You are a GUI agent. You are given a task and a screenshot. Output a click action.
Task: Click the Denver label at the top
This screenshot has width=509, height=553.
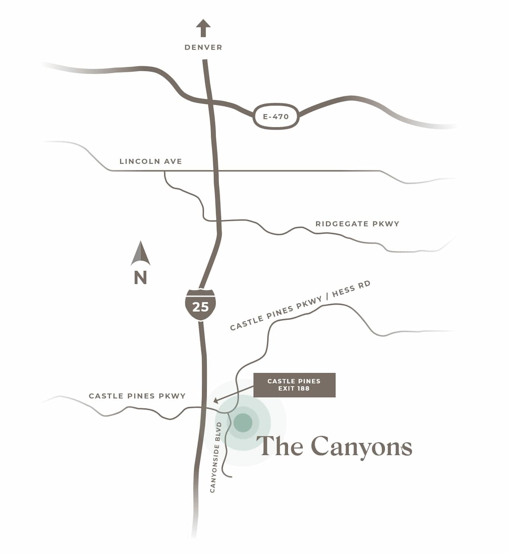pos(203,47)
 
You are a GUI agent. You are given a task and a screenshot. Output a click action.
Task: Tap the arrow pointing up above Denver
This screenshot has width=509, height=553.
pos(203,28)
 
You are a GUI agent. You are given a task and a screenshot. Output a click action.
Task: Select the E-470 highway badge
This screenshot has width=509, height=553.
pos(276,117)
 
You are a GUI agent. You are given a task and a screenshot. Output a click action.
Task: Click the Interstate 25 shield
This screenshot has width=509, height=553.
pos(200,305)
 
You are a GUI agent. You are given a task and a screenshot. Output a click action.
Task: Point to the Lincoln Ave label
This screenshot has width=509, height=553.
pos(151,161)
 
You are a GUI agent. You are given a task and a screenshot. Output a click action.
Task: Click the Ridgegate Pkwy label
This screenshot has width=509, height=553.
pos(357,224)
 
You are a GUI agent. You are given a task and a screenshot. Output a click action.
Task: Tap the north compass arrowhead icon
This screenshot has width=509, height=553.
pos(140,254)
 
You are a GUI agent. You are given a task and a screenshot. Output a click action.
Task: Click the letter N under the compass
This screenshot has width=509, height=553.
pos(140,277)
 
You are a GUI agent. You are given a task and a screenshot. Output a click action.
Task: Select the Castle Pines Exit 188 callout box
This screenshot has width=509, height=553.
pos(294,385)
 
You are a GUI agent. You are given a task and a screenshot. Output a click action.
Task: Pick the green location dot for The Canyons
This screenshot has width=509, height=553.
pos(243,422)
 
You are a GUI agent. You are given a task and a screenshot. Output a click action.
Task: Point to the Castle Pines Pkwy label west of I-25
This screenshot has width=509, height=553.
pos(137,396)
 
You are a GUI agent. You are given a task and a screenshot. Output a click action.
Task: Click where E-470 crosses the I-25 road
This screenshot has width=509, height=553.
pos(209,102)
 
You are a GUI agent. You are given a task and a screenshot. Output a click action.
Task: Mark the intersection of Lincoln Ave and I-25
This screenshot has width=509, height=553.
pos(216,171)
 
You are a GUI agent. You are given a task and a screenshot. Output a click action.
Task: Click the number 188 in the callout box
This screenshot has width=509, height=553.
pos(303,389)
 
